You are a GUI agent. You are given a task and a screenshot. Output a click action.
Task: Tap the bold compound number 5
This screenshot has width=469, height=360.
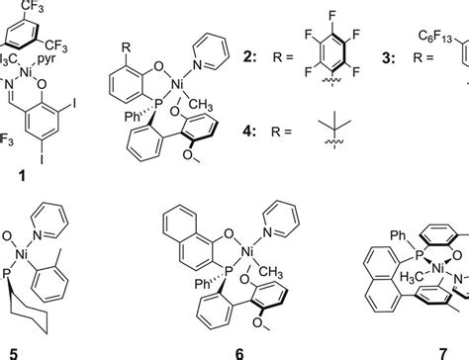[x=14, y=349]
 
